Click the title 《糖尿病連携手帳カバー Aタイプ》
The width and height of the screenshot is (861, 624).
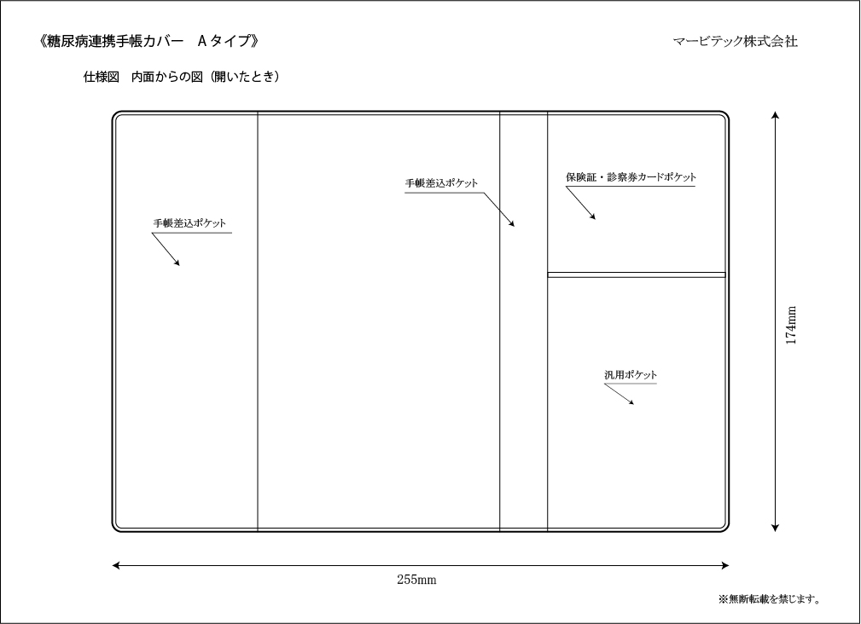point(148,41)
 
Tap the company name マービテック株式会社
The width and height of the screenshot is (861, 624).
point(736,41)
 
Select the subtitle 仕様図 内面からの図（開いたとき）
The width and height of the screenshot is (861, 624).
point(182,77)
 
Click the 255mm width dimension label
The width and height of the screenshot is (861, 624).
point(416,580)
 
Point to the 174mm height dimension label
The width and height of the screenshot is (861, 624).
point(791,325)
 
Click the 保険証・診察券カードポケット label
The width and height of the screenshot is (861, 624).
point(631,177)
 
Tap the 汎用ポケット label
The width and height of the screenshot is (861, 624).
point(631,375)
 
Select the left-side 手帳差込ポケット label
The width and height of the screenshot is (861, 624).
point(189,223)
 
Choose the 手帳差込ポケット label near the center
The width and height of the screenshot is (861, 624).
point(441,183)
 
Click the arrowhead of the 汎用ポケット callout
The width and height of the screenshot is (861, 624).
point(632,403)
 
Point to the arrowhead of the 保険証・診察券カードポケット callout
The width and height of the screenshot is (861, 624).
point(593,217)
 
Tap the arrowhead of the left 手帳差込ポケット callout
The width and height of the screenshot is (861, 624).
point(177,263)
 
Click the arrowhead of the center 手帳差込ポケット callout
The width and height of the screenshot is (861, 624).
point(512,223)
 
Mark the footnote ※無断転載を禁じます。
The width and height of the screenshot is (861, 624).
point(770,598)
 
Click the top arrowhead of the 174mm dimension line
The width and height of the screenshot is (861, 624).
point(775,114)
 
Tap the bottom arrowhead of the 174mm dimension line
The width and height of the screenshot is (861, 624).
point(775,528)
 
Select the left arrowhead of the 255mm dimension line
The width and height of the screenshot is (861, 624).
point(116,565)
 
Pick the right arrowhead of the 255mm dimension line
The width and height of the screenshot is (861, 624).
point(724,565)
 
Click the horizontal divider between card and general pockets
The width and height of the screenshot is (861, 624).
point(637,274)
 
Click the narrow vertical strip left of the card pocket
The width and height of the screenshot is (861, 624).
point(523,321)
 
